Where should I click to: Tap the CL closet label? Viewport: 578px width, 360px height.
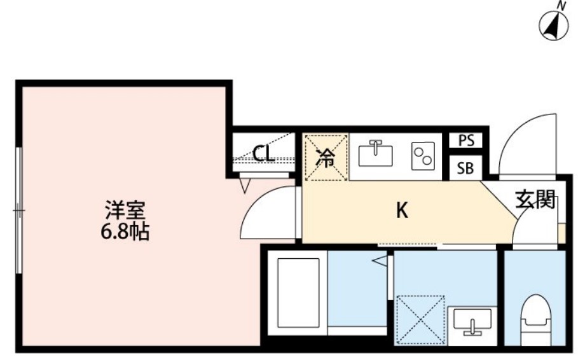pyautogui.click(x=263, y=153)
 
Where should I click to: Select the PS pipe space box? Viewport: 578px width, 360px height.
pyautogui.click(x=466, y=141)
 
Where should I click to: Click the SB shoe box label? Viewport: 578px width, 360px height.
pyautogui.click(x=466, y=169)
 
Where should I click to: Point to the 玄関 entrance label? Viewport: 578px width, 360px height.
pyautogui.click(x=535, y=200)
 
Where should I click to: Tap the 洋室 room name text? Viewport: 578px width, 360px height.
pyautogui.click(x=125, y=209)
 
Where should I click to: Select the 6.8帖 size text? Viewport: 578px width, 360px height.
pyautogui.click(x=125, y=232)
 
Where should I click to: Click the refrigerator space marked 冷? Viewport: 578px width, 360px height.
pyautogui.click(x=326, y=158)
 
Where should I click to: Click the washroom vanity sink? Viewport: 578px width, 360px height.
pyautogui.click(x=472, y=321)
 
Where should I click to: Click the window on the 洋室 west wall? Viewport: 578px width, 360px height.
pyautogui.click(x=20, y=210)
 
